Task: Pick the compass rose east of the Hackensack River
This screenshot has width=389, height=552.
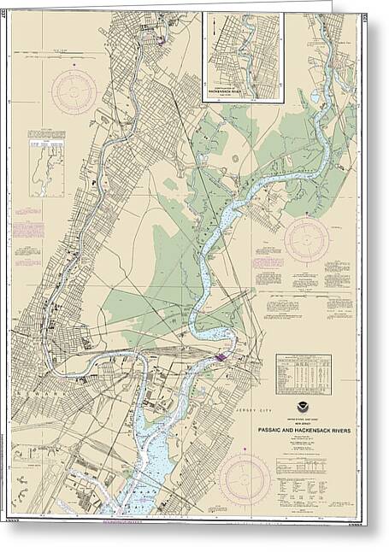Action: (x=306, y=240)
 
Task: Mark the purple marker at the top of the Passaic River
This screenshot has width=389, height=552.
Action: (x=160, y=38)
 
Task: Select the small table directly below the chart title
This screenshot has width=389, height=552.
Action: (x=303, y=466)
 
